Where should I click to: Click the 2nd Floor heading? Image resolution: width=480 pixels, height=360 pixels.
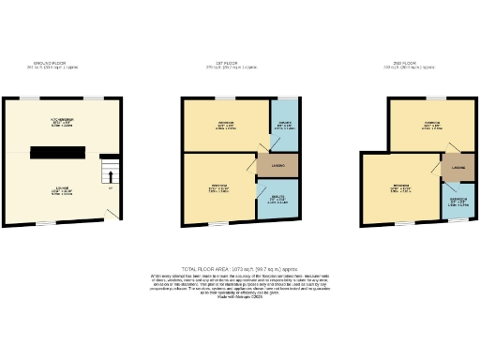pos(403,66)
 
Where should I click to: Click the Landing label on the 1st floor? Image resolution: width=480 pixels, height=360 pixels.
pos(277,167)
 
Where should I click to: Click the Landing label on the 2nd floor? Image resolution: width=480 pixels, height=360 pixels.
pos(458,168)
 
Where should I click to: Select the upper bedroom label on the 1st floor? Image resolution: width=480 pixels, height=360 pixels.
pos(226,126)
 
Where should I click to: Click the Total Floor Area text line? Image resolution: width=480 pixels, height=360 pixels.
pos(239,267)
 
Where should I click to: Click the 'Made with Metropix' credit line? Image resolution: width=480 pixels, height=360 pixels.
pos(239,295)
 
